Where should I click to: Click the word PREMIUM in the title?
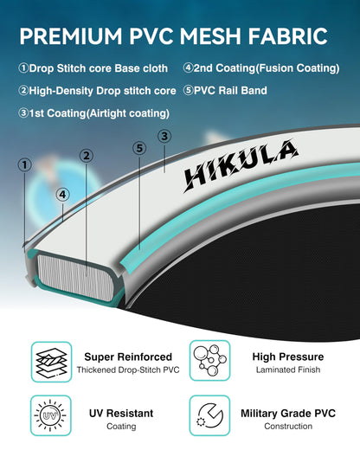pos(71,36)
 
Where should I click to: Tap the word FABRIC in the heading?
pos(287,36)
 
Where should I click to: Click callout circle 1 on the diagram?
pos(25,165)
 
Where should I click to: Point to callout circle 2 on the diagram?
pos(87,156)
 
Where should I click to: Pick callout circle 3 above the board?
pos(164,136)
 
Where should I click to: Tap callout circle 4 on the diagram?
pos(62,195)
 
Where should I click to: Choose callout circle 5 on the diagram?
pos(139,148)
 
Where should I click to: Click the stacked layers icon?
pos(51,362)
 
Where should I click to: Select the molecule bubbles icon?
pos(209,361)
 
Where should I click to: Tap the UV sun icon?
pos(51,415)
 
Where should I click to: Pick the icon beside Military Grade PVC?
pos(209,415)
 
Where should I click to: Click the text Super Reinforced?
pos(128,357)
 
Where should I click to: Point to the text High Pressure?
pos(288,357)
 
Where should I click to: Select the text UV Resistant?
pos(121,413)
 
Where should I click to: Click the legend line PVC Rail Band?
pos(225,90)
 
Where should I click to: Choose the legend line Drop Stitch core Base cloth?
pos(93,68)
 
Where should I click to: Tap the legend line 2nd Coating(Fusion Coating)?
pos(261,68)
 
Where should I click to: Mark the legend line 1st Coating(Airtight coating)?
pos(93,113)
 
